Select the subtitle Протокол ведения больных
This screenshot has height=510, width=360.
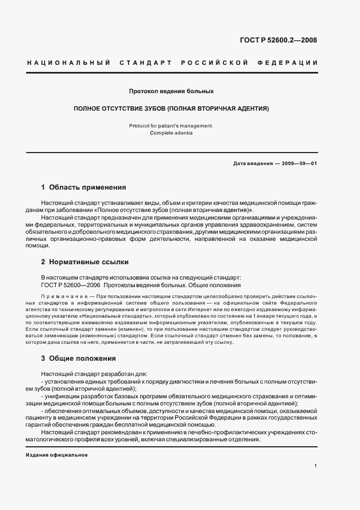click(171, 92)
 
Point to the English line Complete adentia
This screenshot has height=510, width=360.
click(171, 133)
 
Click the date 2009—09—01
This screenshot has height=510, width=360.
click(298, 164)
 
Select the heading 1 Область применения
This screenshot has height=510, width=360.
click(83, 187)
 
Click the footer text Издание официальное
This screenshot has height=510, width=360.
click(57, 454)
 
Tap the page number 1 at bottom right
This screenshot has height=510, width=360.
click(316, 466)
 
